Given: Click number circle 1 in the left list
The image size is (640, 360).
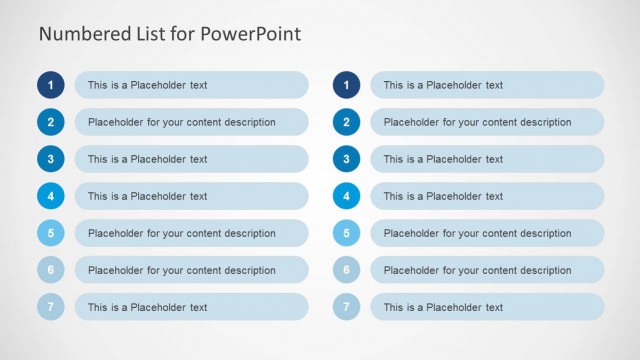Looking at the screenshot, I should (x=51, y=85).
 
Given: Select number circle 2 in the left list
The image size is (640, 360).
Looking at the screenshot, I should (x=51, y=122).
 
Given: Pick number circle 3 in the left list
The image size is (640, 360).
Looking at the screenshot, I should (x=51, y=159).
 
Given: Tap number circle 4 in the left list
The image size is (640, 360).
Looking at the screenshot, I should (x=51, y=196).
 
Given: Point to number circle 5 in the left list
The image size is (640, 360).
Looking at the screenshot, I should (x=51, y=233).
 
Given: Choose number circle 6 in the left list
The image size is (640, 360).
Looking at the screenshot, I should (x=51, y=270).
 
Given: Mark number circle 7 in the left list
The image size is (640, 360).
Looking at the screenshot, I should (x=51, y=307).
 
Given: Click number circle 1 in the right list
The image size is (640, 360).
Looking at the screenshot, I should (x=346, y=85).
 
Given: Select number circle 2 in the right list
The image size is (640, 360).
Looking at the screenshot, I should (x=346, y=122).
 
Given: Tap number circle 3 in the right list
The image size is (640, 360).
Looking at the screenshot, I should (x=346, y=159).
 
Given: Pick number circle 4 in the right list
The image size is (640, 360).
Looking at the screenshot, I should (x=346, y=196).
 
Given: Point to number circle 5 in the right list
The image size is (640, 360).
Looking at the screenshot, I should (x=346, y=233).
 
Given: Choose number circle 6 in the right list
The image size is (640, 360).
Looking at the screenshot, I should (x=346, y=270).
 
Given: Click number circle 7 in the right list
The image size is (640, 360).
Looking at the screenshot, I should (x=346, y=307).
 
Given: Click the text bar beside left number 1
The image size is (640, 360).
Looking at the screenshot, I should (x=191, y=85).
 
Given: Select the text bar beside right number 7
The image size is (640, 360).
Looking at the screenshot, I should (x=487, y=307).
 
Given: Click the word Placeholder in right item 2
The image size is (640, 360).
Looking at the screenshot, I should (x=413, y=123).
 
